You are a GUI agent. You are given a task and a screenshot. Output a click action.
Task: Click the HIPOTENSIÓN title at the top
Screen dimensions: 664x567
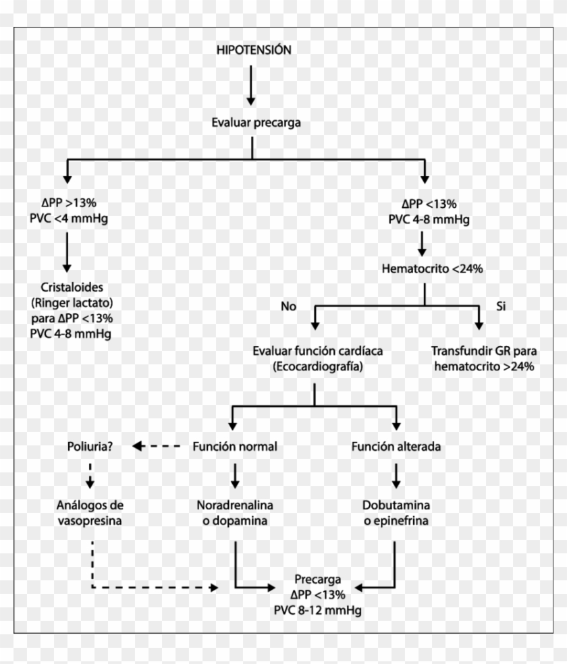pyautogui.click(x=254, y=51)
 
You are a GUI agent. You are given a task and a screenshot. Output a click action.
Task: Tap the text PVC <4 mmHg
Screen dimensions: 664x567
pyautogui.click(x=66, y=219)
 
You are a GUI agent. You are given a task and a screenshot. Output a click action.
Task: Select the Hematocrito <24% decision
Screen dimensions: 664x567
pyautogui.click(x=423, y=269)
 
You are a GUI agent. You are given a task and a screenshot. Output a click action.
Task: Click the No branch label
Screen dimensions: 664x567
pyautogui.click(x=289, y=306)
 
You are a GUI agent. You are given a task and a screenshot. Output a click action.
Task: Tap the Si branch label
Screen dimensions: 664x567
pyautogui.click(x=501, y=306)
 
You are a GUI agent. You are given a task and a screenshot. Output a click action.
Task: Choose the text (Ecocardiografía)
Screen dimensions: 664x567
pyautogui.click(x=315, y=366)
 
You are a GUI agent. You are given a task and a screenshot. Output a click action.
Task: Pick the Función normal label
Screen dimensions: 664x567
pyautogui.click(x=235, y=447)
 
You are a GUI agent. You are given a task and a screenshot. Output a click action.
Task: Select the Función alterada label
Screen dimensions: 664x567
pyautogui.click(x=396, y=447)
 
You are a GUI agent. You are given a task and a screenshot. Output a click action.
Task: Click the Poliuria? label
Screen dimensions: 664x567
pyautogui.click(x=90, y=447)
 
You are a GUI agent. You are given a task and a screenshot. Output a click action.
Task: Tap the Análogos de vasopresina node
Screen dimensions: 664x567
pyautogui.click(x=90, y=513)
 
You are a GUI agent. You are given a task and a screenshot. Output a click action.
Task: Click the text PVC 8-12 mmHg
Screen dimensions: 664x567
pyautogui.click(x=317, y=611)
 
